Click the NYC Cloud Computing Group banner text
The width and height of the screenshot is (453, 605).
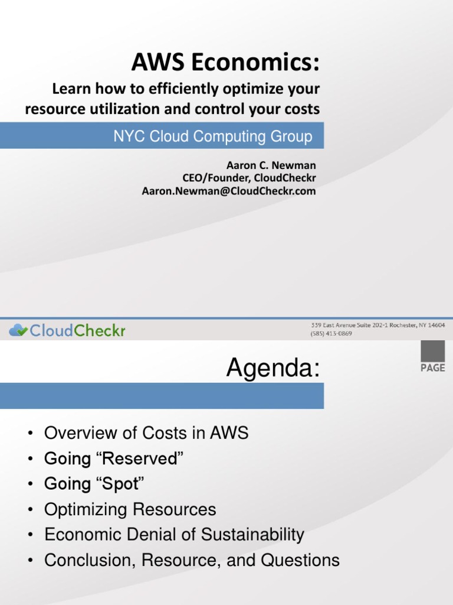pyautogui.click(x=213, y=136)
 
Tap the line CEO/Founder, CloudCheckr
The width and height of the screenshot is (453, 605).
pyautogui.click(x=249, y=178)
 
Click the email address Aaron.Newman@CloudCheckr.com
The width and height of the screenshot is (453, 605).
pyautogui.click(x=229, y=191)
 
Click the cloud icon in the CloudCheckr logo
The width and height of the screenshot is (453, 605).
pyautogui.click(x=18, y=330)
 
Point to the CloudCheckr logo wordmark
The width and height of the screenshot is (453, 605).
pyautogui.click(x=77, y=331)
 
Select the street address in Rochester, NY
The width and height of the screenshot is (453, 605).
pyautogui.click(x=377, y=326)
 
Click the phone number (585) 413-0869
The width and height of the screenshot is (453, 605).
pyautogui.click(x=331, y=333)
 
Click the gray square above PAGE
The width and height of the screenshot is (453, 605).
pyautogui.click(x=432, y=352)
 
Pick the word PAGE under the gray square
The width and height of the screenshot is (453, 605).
pyautogui.click(x=432, y=368)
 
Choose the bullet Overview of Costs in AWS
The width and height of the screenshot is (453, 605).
pyautogui.click(x=146, y=433)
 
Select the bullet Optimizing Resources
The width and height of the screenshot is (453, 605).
pyautogui.click(x=130, y=509)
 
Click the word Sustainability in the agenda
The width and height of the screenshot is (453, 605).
pyautogui.click(x=252, y=535)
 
